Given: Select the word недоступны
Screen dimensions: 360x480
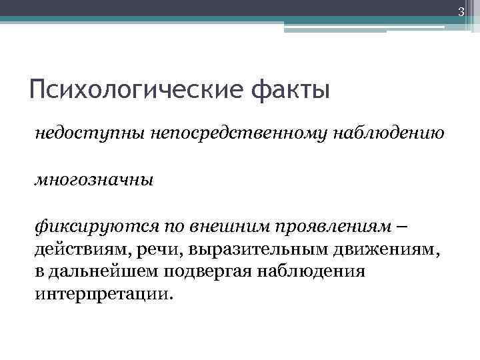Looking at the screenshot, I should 77,135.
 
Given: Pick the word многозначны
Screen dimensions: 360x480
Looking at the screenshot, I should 93,180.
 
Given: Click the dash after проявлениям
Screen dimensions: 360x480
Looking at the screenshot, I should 399,226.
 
